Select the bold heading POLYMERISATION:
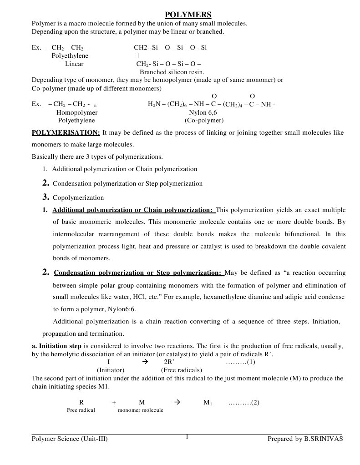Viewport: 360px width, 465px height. tap(66, 132)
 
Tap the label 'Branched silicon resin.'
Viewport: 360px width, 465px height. tap(172, 72)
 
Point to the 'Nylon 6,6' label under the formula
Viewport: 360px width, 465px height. tap(203, 112)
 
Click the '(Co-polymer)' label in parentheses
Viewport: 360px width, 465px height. tap(204, 121)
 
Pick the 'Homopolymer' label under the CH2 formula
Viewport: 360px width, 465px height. tap(76, 112)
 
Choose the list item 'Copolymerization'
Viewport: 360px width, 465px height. tap(78, 198)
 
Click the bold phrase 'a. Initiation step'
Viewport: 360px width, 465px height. tap(57, 346)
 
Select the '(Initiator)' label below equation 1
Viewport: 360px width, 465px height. tap(111, 370)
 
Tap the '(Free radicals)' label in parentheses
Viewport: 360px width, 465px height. tap(182, 370)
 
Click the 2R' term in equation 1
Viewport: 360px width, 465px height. tap(169, 362)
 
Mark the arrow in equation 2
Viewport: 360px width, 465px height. tap(177, 402)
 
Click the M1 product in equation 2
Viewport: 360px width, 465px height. tap(208, 402)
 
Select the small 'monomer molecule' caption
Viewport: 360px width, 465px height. tap(140, 410)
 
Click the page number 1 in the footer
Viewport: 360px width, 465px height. tap(187, 437)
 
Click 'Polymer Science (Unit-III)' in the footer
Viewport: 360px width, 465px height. tap(70, 439)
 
